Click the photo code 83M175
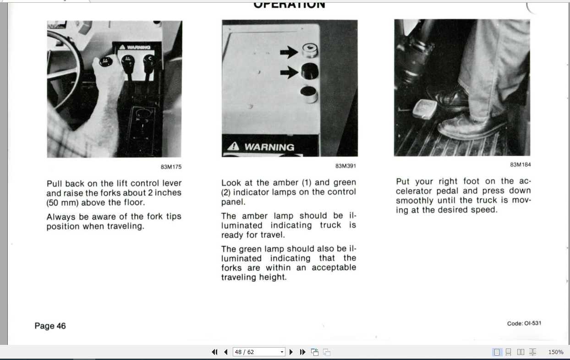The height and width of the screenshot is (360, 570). click(x=171, y=167)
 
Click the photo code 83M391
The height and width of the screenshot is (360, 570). click(x=345, y=166)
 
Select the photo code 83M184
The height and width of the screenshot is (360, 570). click(x=520, y=164)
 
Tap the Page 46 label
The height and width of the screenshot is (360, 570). click(x=50, y=326)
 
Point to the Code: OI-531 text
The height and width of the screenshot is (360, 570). click(x=524, y=323)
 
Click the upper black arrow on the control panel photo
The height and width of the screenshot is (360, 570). click(x=289, y=52)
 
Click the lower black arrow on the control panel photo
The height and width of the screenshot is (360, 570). click(x=289, y=72)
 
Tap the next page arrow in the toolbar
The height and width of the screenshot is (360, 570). click(x=291, y=352)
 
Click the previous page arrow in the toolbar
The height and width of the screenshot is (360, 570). click(x=225, y=352)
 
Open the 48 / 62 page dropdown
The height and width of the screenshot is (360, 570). click(x=282, y=352)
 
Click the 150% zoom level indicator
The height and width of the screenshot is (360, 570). click(x=555, y=352)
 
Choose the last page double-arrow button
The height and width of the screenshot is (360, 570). click(x=302, y=352)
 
